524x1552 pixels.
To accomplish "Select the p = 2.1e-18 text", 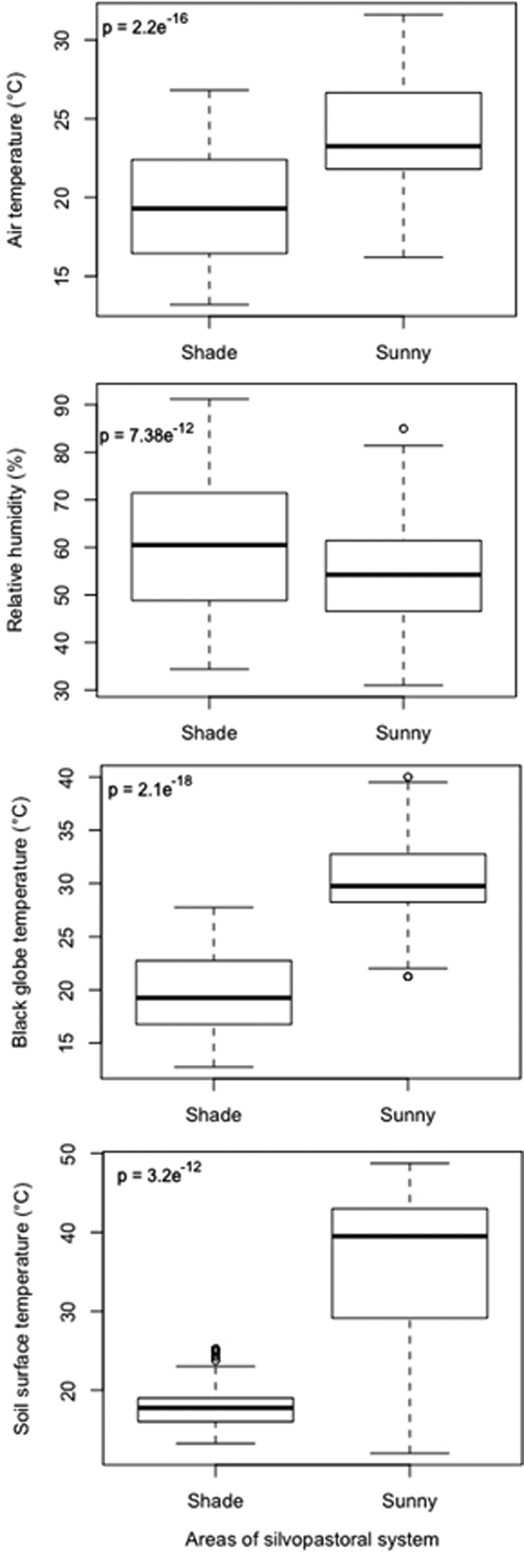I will point(150,789).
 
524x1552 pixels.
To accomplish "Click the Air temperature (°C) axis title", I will point(16,160).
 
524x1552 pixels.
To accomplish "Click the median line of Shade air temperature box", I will point(209,209).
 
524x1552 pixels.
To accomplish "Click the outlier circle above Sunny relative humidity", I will point(403,428).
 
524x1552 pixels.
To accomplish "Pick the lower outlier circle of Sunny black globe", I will point(408,977).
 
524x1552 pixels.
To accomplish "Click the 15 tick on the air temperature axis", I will point(63,276).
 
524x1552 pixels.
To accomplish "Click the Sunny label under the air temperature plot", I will point(403,352).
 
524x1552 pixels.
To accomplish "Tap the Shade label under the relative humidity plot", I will point(209,733).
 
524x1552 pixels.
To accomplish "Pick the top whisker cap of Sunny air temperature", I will point(403,14).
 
